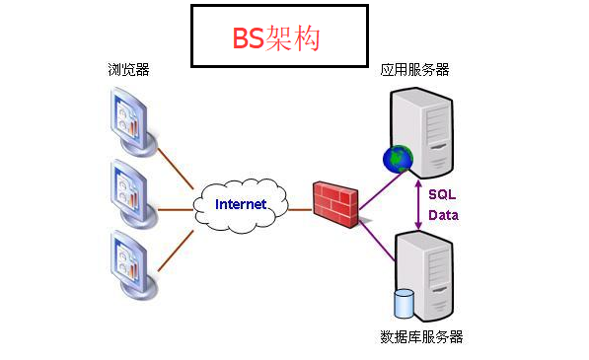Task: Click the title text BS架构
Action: coord(277,36)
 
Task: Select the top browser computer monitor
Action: coord(129,120)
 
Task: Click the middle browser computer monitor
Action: coord(129,189)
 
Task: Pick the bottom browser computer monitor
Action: coord(129,261)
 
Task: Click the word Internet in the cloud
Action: coord(241,204)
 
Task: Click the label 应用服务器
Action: coord(415,71)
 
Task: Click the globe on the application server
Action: coord(399,157)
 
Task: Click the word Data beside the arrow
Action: coord(442,214)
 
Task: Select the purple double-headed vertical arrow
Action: coord(418,204)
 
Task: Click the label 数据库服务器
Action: coord(421,337)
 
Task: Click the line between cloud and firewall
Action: coord(300,208)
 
